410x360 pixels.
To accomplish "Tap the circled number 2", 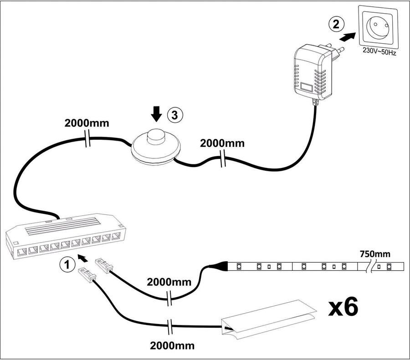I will tap(336, 24).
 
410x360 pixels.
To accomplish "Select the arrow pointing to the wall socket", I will tap(349, 37).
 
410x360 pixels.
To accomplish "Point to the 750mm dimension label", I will tap(375, 253).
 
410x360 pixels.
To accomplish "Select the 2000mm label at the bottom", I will tap(171, 345).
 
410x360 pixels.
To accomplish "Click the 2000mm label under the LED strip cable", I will tap(169, 282).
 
